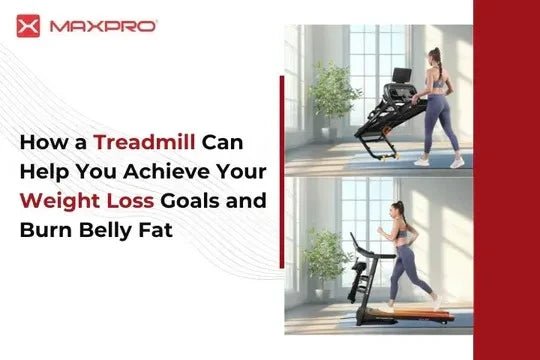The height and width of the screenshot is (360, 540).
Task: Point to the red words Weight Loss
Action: coord(86,200)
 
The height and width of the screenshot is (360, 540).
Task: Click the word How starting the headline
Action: coord(40,143)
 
